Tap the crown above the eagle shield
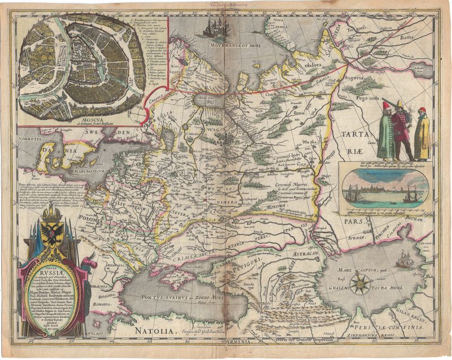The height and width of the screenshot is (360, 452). (x=51, y=212)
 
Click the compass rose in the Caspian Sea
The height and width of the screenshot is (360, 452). (x=360, y=284)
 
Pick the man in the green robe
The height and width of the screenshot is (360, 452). (x=386, y=133)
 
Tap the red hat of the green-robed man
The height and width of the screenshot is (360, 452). (x=386, y=105)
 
